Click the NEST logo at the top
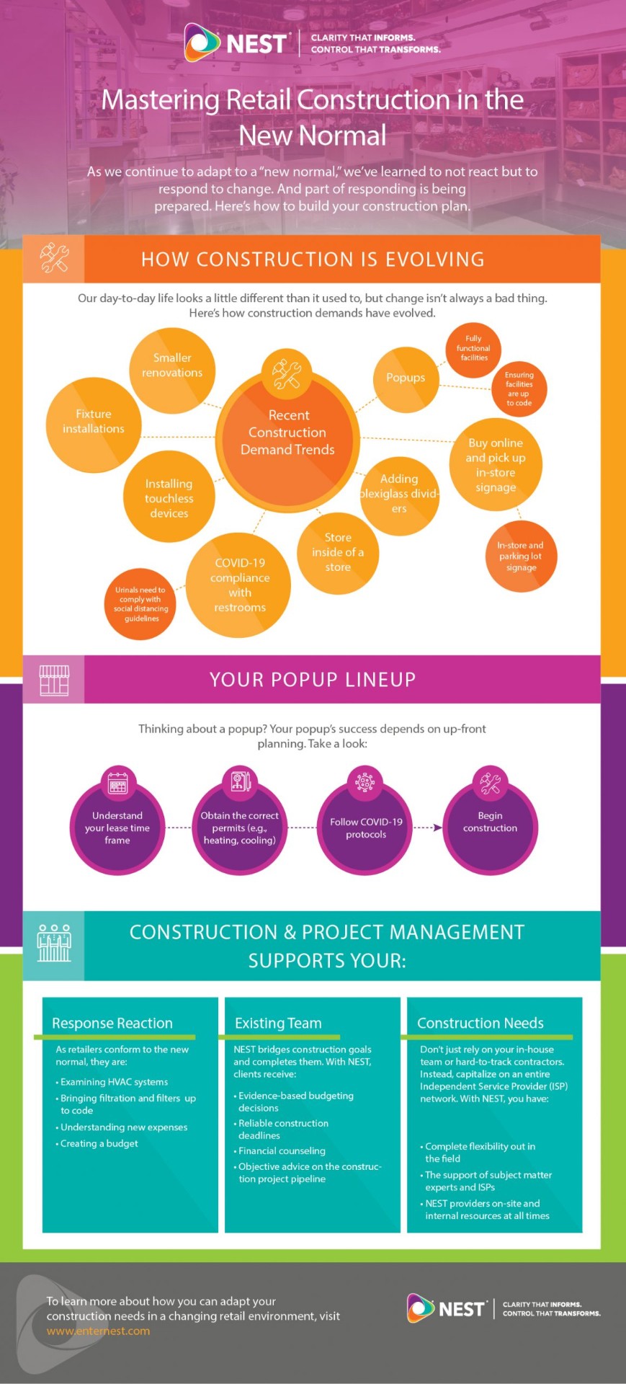point(238,43)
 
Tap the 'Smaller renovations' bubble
point(172,365)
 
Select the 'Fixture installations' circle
point(94,422)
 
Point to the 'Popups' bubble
point(406,378)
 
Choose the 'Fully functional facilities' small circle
point(474,348)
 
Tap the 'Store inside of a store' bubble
point(338,552)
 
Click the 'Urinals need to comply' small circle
point(142,604)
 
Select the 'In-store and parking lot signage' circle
point(521,556)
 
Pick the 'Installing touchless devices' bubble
point(169,498)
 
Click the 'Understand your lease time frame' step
point(117,828)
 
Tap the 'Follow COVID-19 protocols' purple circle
point(366,828)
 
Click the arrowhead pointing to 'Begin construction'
point(437,828)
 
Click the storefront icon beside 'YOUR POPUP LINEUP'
point(54,680)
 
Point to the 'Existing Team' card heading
point(278,1023)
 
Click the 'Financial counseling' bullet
point(282,1151)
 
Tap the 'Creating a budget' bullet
point(99,1143)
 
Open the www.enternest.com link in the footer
point(99,1331)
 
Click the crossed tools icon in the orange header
point(54,259)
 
